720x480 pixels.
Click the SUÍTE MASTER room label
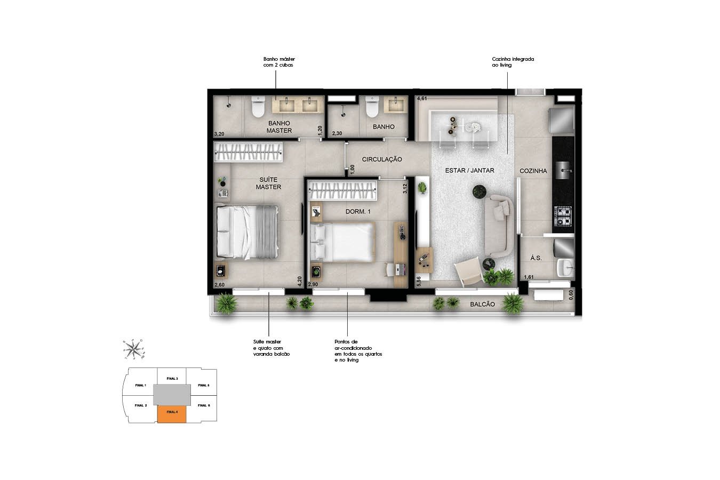click(x=268, y=183)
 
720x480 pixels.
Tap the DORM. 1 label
click(x=358, y=212)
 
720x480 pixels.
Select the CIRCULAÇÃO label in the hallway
click(x=382, y=159)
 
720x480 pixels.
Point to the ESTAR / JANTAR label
click(x=470, y=171)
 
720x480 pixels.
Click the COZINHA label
click(x=533, y=171)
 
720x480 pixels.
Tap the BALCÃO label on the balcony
click(x=482, y=305)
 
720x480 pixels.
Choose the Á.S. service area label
click(x=536, y=258)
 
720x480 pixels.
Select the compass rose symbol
click(x=133, y=349)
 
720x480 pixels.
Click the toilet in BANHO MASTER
click(x=258, y=107)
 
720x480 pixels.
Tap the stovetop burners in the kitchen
click(x=564, y=216)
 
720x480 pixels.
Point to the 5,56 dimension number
click(x=419, y=281)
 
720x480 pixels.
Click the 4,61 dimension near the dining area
click(x=422, y=99)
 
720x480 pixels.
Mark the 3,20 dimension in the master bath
click(x=219, y=134)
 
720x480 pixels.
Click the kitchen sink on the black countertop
click(x=564, y=171)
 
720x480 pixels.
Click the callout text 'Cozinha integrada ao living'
click(x=513, y=62)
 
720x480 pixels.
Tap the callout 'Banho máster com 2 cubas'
click(x=279, y=62)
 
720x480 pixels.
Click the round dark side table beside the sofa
click(x=479, y=191)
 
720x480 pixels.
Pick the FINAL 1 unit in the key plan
click(x=141, y=385)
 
